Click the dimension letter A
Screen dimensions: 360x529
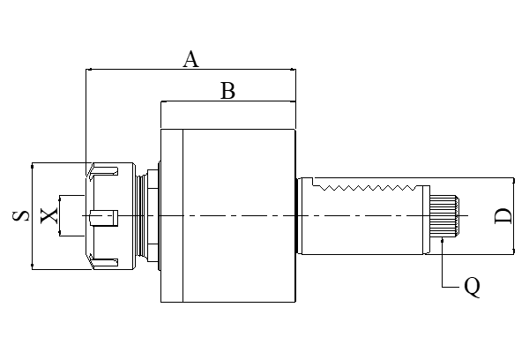[x=190, y=59]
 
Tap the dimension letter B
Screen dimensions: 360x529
[x=227, y=90]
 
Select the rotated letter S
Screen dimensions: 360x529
[x=19, y=214]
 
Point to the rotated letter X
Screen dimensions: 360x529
[x=49, y=214]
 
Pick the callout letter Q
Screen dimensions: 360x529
[x=472, y=287]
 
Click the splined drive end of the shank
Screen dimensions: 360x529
[x=444, y=215]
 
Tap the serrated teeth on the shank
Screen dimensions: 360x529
[x=370, y=187]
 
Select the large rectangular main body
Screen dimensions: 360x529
[x=227, y=215]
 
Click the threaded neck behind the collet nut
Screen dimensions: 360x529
[x=143, y=215]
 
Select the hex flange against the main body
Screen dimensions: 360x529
[x=155, y=215]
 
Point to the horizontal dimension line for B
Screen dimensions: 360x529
[x=227, y=102]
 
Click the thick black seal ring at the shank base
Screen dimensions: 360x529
[x=297, y=215]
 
